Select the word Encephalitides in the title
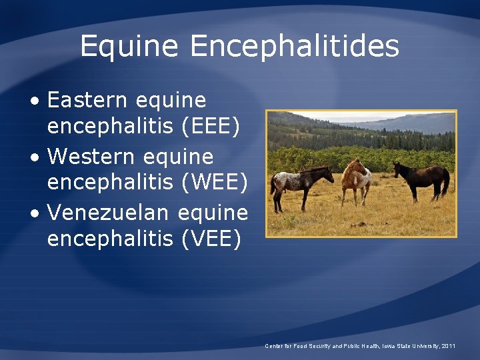294,47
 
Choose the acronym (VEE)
211,238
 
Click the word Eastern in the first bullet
87,101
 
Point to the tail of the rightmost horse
445,183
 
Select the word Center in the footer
274,346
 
